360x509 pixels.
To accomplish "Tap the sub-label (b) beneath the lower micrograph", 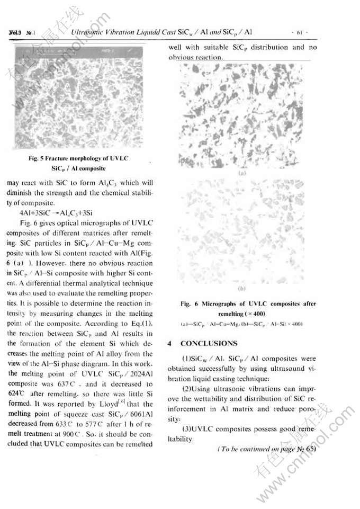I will pyautogui.click(x=242, y=289).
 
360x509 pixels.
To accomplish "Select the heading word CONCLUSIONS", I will pyautogui.click(x=209, y=344).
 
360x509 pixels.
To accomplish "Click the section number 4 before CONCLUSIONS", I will pyautogui.click(x=169, y=344).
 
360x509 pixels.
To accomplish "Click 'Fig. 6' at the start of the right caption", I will pyautogui.click(x=186, y=304).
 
